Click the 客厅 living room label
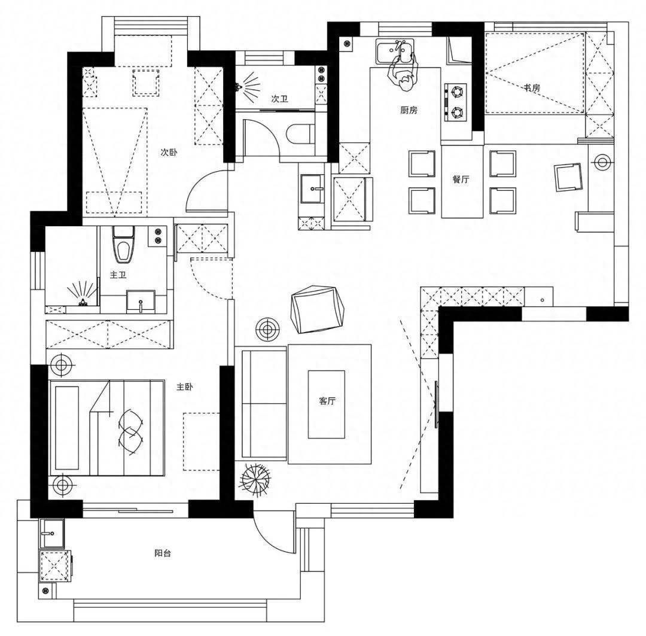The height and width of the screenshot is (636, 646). coord(327,401)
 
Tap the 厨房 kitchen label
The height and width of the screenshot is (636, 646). coord(409,110)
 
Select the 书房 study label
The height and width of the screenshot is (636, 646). coord(532,88)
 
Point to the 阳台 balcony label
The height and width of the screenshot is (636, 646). coord(162,553)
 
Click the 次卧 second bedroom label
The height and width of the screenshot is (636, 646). coord(169,152)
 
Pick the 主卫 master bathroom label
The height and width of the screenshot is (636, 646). coord(118,275)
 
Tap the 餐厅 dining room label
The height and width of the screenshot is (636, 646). coord(461,179)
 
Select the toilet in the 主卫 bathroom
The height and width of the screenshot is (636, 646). coord(122,245)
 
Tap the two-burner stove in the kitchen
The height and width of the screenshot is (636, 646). coord(455,102)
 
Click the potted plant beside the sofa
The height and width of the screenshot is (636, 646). coord(255,479)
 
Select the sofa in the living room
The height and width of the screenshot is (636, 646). coord(264,404)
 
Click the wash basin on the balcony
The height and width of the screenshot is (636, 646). coord(52,533)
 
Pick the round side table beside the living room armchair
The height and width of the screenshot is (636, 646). coord(268,329)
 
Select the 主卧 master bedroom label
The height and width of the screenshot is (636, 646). coord(185,387)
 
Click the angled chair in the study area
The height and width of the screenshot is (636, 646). coord(569,177)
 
